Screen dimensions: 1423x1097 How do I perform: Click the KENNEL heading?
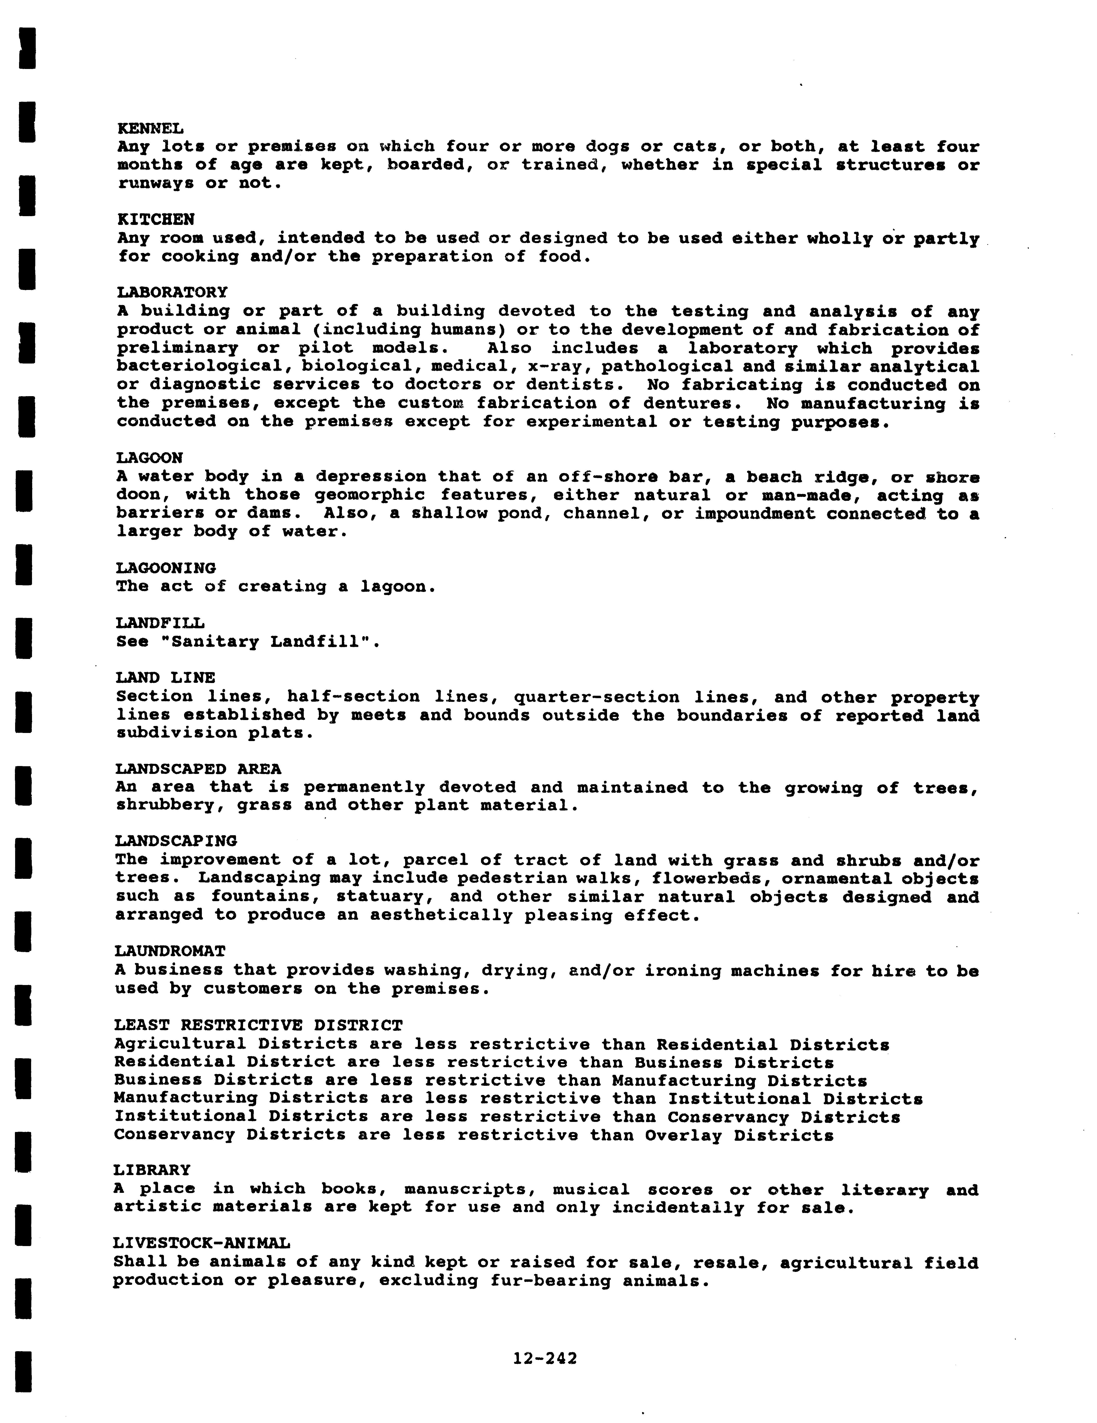coord(150,128)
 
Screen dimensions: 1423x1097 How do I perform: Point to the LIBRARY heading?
coord(152,1170)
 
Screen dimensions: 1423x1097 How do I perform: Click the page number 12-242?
coord(545,1358)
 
